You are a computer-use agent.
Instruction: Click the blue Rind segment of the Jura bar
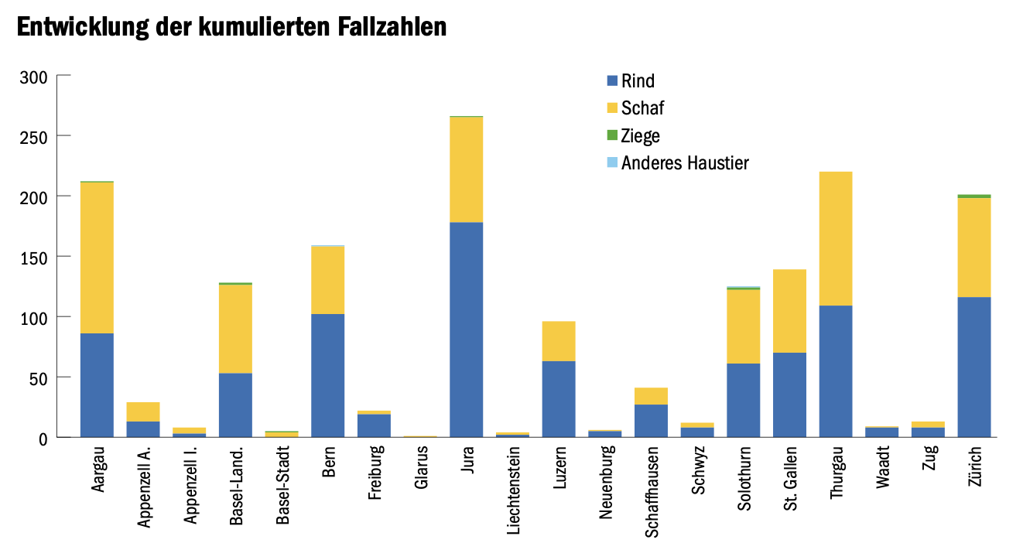tap(466, 330)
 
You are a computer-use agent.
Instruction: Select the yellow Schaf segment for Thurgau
tap(836, 238)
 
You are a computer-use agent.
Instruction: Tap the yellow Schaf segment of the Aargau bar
tap(97, 258)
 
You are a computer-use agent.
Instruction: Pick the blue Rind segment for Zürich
tap(974, 367)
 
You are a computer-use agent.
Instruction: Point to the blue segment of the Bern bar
tap(327, 375)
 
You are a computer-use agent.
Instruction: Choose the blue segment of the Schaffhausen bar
tap(651, 421)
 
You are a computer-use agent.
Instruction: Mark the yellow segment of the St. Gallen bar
tap(789, 311)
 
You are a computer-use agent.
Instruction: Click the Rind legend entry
tap(638, 80)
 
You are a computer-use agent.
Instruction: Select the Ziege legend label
tap(641, 136)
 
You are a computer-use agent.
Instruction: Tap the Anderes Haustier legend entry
tap(684, 163)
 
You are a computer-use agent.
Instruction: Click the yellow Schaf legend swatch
tap(612, 108)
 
